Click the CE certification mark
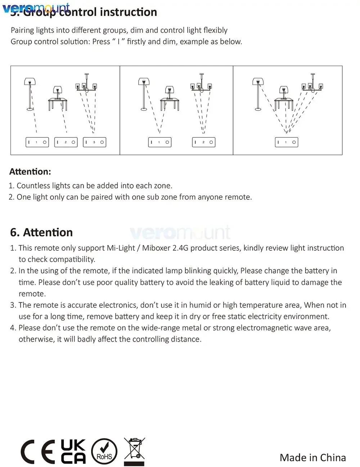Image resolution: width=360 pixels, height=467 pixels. (38, 452)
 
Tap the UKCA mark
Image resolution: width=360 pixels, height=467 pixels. (73, 451)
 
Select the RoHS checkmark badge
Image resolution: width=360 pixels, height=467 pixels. (104, 452)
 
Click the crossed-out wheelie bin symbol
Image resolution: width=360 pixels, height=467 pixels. (134, 452)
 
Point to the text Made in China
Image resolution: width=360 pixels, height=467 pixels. (312, 458)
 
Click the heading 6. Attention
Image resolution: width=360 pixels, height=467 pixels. (41, 232)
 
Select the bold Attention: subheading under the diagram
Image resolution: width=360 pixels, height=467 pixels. (30, 172)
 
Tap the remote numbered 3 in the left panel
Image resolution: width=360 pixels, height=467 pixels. (94, 142)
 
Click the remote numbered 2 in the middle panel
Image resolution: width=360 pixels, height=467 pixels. (203, 142)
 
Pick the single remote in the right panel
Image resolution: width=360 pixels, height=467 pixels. (287, 142)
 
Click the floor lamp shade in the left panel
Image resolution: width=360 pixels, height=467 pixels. (30, 81)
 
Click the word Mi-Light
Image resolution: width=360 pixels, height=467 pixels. (121, 248)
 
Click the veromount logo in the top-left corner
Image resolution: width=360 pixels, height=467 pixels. (36, 8)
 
